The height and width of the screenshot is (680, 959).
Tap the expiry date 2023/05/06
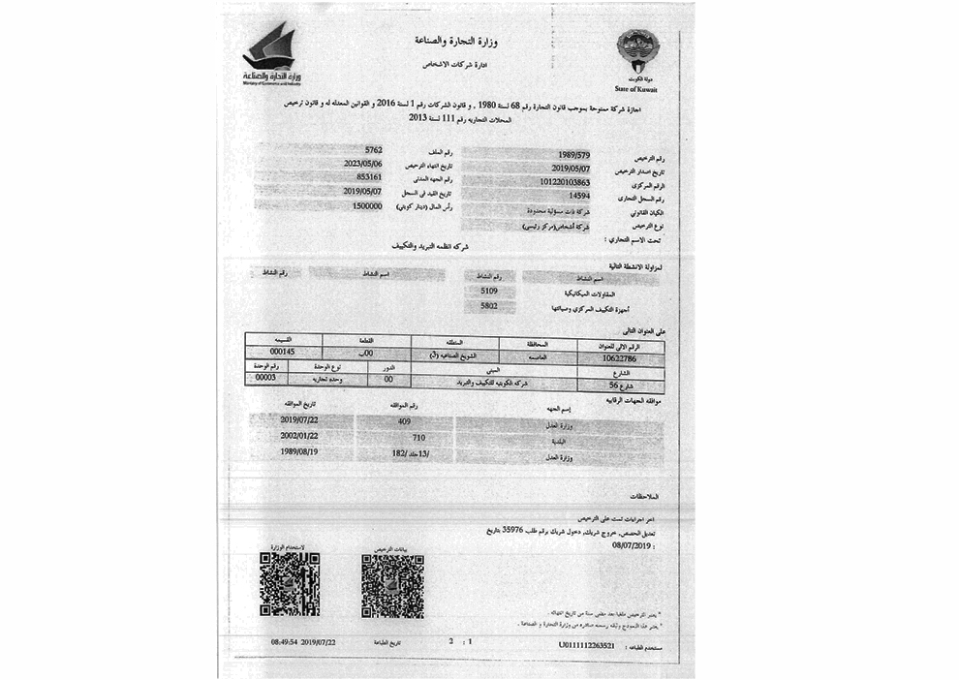[363, 165]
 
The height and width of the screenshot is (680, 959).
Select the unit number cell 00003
[264, 378]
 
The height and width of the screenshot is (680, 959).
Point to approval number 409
[405, 422]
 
